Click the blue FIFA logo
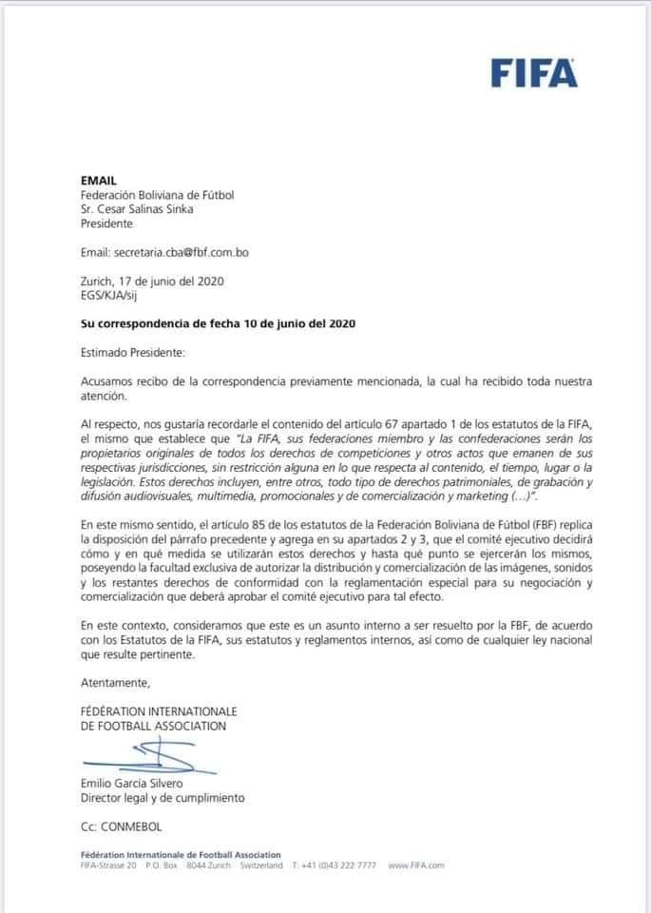click(x=534, y=72)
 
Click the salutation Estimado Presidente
click(x=133, y=352)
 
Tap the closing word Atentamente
click(x=116, y=683)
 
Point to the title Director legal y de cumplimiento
click(x=163, y=798)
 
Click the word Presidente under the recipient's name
click(x=107, y=223)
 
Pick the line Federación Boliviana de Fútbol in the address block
click(x=157, y=195)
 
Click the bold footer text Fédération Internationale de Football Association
click(x=181, y=854)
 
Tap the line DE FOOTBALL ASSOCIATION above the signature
click(x=154, y=727)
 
